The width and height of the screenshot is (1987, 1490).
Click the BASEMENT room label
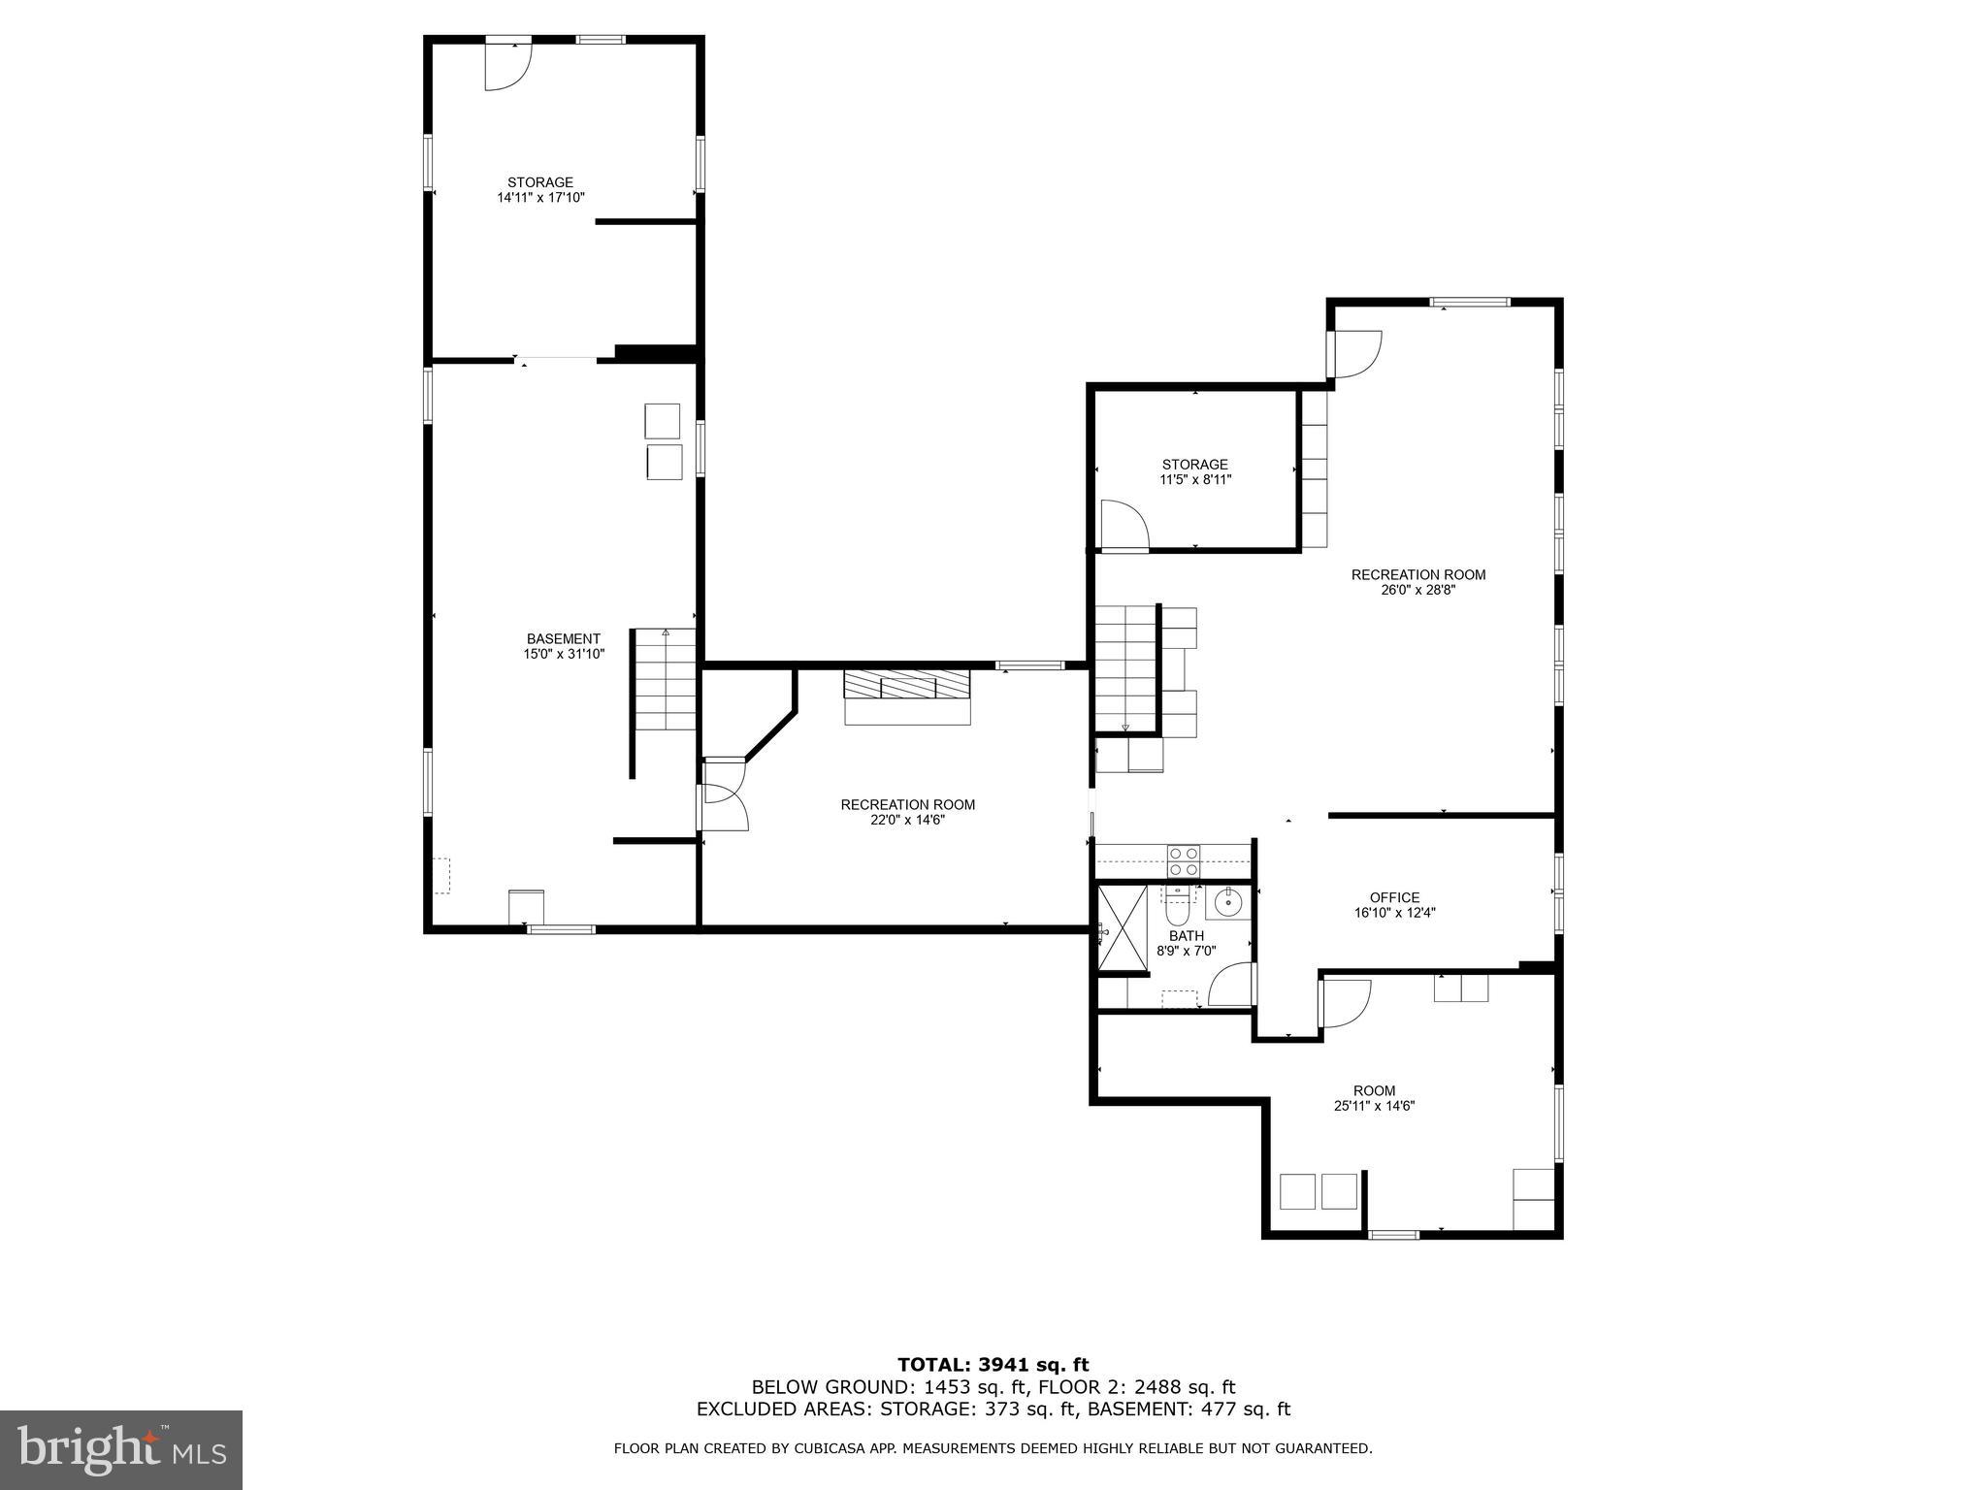(x=563, y=638)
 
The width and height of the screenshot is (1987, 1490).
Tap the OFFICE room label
(x=1394, y=897)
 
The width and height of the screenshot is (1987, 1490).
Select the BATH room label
(x=1186, y=936)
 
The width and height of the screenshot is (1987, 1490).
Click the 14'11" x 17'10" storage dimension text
(x=540, y=198)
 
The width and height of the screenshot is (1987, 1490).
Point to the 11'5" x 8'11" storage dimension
(x=1195, y=479)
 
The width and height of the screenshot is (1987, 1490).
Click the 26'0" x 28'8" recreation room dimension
(x=1417, y=590)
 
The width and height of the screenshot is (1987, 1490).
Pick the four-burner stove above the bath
(x=1184, y=861)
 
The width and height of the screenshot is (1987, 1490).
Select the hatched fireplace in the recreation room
(x=906, y=685)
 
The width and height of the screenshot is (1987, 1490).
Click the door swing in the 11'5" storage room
(x=1124, y=526)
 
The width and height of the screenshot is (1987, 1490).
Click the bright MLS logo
(x=120, y=1449)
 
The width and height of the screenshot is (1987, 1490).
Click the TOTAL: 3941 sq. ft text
(x=993, y=1365)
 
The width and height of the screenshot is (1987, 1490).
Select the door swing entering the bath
(x=1230, y=985)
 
